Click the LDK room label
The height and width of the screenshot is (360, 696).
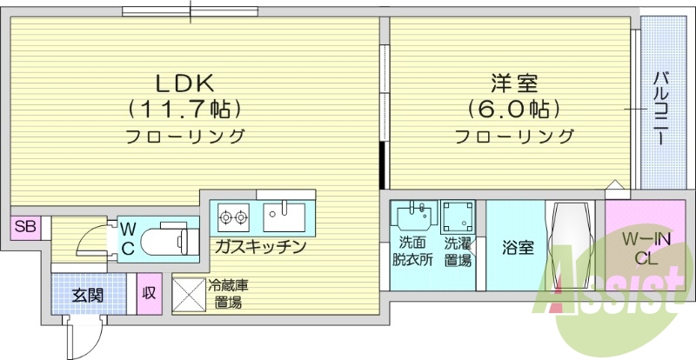pyautogui.click(x=185, y=83)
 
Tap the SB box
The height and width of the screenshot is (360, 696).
pyautogui.click(x=25, y=228)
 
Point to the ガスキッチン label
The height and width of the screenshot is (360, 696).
pyautogui.click(x=260, y=247)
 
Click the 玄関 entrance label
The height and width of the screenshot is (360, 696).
pyautogui.click(x=87, y=295)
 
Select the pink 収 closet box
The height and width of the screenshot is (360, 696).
pyautogui.click(x=149, y=293)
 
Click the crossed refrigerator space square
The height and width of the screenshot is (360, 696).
pyautogui.click(x=188, y=294)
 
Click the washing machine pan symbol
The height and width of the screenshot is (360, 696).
pyautogui.click(x=457, y=217)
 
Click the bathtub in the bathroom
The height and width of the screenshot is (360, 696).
pyautogui.click(x=570, y=245)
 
